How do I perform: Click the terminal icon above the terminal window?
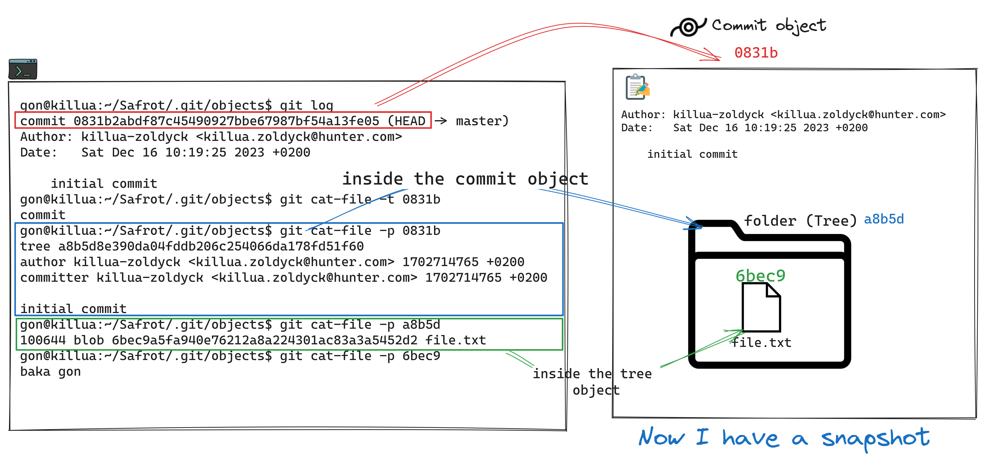point(23,69)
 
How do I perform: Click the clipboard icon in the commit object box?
point(637,87)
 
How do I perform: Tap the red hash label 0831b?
point(756,53)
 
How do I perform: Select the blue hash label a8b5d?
point(884,219)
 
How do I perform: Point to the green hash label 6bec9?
point(760,276)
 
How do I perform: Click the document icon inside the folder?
point(761,308)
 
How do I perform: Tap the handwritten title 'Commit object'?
point(768,25)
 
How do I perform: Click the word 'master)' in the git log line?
point(482,121)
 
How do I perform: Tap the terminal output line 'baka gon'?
point(50,372)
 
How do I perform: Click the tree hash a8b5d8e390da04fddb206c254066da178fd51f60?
point(211,246)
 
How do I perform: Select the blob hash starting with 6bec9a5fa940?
point(264,340)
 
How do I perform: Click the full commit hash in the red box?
point(226,121)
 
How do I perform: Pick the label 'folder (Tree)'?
point(801,221)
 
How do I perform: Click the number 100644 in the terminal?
point(43,340)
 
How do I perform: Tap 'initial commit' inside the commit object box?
point(692,154)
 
